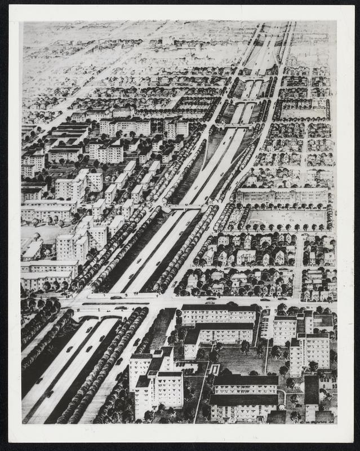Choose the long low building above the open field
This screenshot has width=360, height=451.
pos(282,196)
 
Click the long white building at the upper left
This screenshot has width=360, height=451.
pos(125,126)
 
